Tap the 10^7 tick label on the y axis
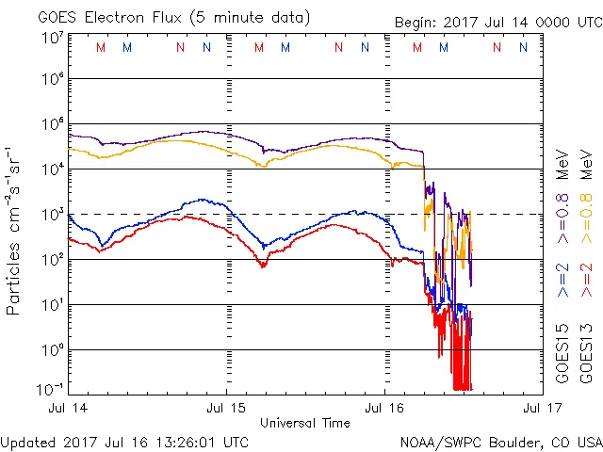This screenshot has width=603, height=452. point(51,38)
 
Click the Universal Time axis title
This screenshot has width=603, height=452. point(305,423)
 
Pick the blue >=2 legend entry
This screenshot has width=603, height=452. point(562,281)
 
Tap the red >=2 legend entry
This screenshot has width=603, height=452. point(587,281)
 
